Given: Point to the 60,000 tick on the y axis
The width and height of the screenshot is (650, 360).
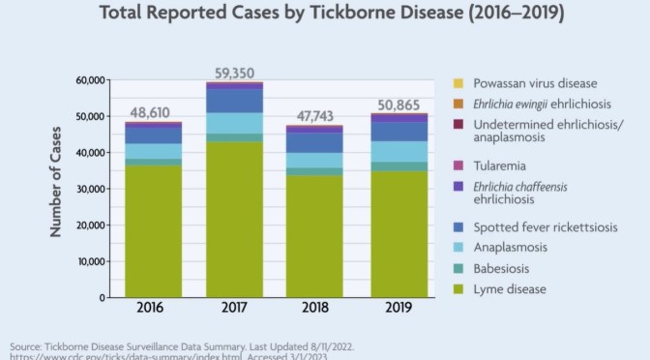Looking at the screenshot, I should [x=92, y=81].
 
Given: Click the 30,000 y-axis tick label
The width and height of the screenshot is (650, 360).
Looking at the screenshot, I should [x=92, y=189].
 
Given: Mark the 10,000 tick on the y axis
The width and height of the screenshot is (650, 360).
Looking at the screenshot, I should [x=92, y=261].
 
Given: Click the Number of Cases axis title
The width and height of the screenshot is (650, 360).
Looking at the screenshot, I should [x=56, y=190].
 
